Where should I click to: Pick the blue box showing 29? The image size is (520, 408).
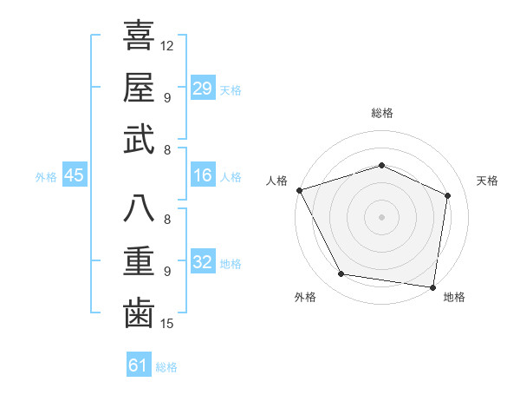point(202,88)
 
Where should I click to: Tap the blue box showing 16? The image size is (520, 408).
point(202,175)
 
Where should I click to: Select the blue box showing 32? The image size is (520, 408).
point(202,262)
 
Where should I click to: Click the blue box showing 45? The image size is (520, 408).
point(74,175)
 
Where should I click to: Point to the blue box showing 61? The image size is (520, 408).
point(138,365)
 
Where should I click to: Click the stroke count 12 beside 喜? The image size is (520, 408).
point(167,44)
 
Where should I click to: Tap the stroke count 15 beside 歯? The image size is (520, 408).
point(167,324)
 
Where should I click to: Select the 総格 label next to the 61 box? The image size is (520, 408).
point(166,367)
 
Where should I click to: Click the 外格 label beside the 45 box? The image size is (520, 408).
point(46,176)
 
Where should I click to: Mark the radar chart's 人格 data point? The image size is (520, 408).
point(299,190)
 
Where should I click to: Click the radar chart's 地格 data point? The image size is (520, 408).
point(432,286)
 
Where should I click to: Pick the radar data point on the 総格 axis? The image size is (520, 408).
point(381,165)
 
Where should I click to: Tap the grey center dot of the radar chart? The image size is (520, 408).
point(381,216)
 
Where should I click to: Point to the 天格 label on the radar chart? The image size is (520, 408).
point(488,181)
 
